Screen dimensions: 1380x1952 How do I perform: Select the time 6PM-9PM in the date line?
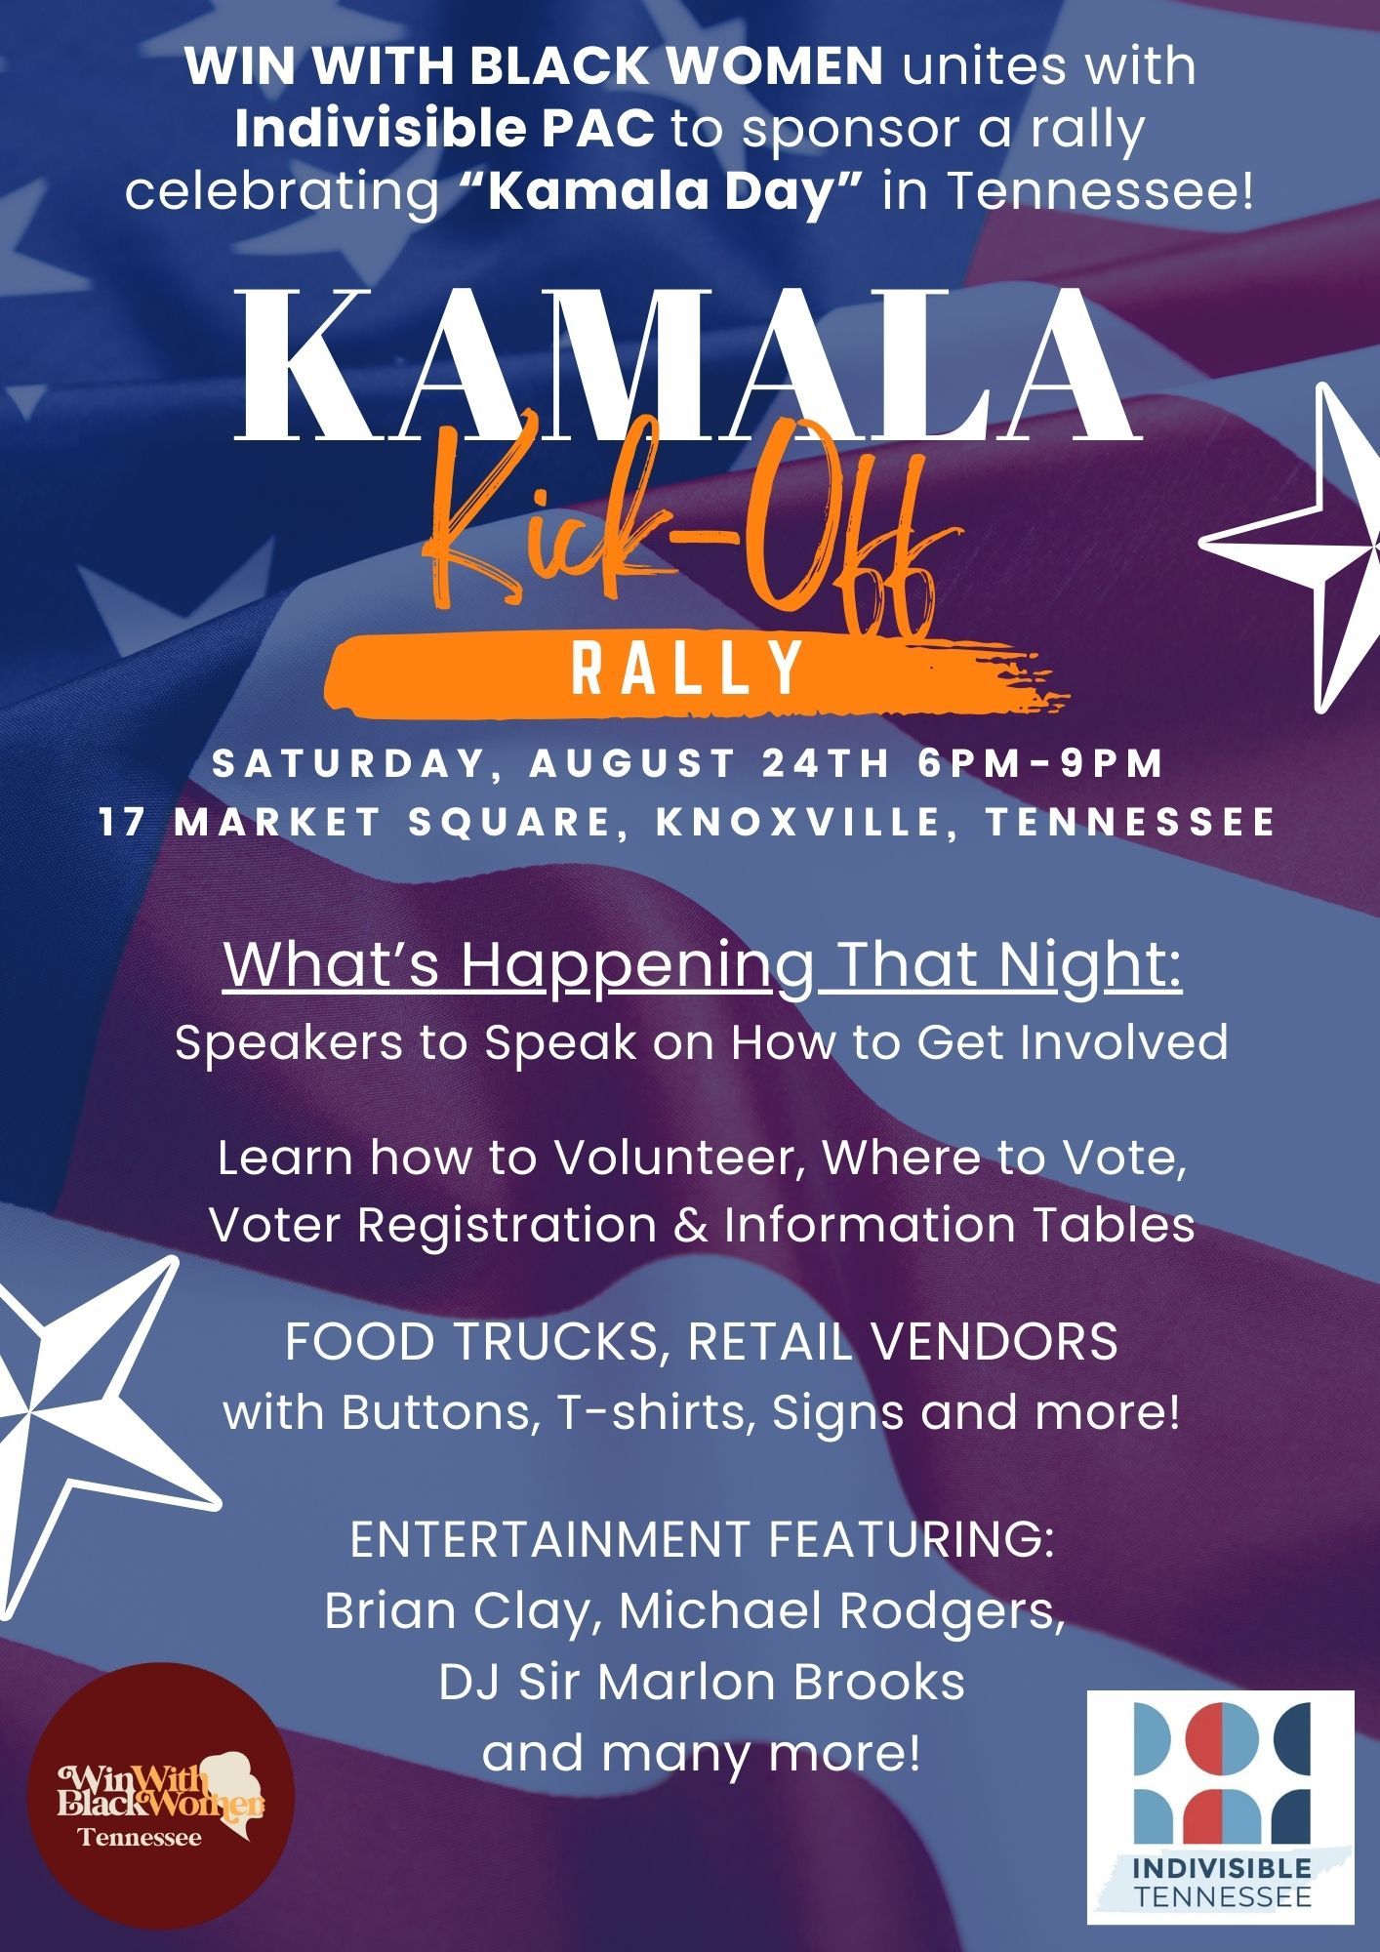pos(1041,763)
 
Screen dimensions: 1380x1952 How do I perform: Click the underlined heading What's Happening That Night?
pos(703,965)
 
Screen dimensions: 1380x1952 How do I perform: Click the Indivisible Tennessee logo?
pos(1221,1807)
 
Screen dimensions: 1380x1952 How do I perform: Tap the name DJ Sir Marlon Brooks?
pos(702,1682)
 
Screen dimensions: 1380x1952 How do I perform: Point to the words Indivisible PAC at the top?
pos(445,129)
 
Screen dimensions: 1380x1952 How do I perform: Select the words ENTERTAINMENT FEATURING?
pos(702,1540)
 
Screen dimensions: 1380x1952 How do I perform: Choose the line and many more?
pos(702,1753)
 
